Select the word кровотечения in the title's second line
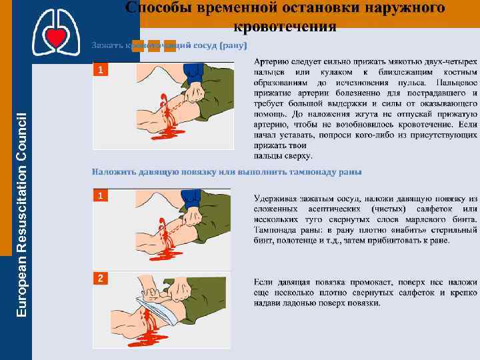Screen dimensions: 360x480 point(285,27)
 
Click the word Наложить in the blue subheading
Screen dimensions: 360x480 point(114,171)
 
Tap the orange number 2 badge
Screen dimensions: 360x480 point(100,278)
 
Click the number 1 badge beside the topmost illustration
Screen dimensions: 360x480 point(100,69)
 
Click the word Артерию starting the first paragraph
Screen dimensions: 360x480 point(273,61)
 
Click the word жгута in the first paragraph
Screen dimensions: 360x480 point(347,114)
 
